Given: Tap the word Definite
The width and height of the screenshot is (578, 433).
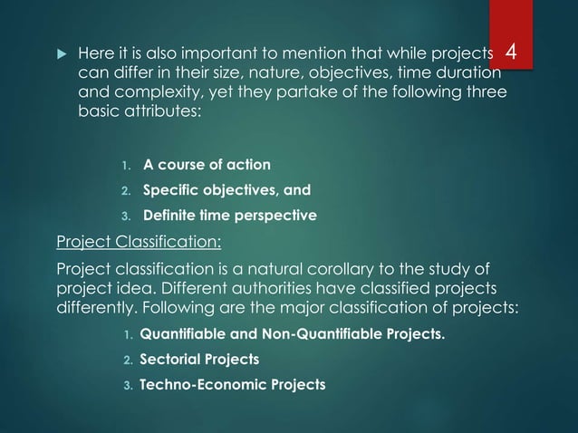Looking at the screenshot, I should point(172,216).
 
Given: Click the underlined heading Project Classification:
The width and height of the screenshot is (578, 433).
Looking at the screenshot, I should point(138,242).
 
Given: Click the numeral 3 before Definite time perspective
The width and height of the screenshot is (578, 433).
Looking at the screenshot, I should point(126,216).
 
